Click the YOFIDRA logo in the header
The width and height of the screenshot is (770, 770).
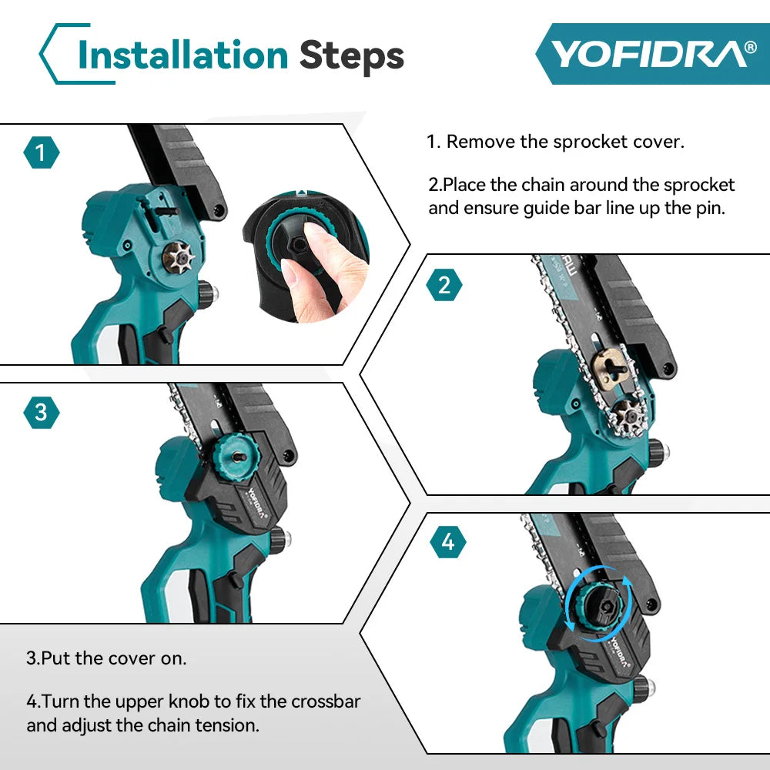647,54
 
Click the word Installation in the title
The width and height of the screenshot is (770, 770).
183,55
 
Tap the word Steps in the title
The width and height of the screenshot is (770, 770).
351,55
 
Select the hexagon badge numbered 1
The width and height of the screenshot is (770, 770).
42,154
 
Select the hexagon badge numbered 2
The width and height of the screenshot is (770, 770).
444,286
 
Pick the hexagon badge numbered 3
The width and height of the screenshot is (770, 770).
42,413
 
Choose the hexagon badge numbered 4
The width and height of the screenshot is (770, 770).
448,543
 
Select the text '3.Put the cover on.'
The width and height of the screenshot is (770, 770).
106,658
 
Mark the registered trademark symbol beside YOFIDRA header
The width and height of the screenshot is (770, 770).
750,49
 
